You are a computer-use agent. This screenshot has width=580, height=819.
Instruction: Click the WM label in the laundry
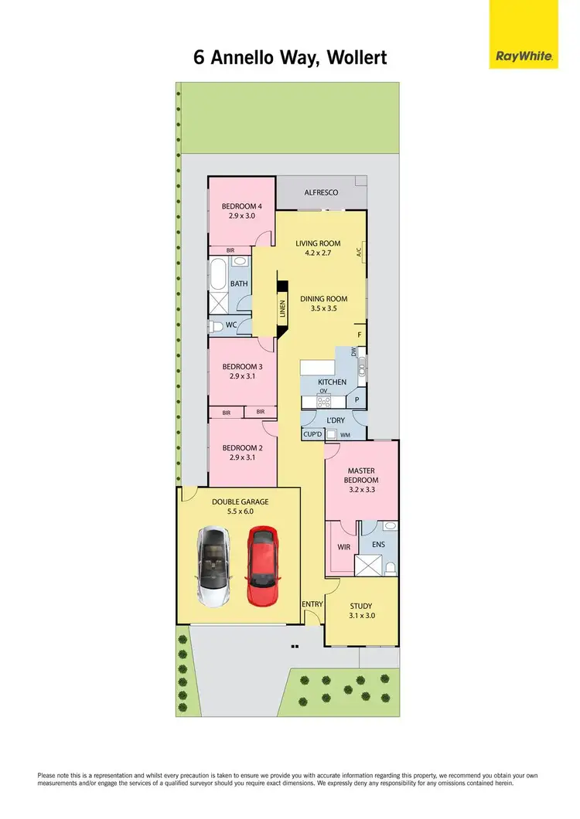[x=346, y=434]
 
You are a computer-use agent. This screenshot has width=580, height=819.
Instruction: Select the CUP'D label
[x=312, y=434]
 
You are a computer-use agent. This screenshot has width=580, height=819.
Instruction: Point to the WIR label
[x=344, y=546]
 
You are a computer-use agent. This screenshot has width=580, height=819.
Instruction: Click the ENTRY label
[x=312, y=604]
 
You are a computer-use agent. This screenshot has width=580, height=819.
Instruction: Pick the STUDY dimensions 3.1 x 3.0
[x=361, y=616]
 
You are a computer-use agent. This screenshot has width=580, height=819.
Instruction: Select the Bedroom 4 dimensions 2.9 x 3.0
[x=242, y=216]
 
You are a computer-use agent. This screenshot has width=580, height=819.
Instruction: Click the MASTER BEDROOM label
[x=361, y=474]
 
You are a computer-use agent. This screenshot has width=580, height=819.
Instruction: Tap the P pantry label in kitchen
[x=357, y=400]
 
